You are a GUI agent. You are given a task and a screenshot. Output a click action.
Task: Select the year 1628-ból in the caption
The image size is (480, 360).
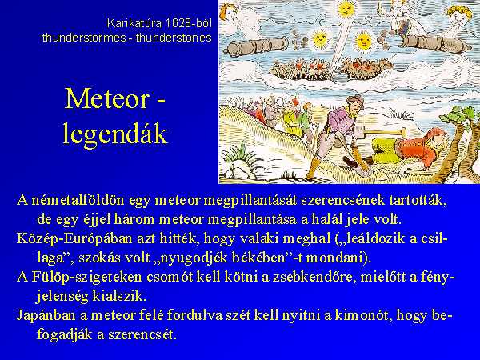point(187,23)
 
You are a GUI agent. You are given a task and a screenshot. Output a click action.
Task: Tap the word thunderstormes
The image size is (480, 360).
point(84,38)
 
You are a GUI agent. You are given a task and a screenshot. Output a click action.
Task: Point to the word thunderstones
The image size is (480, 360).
point(174,38)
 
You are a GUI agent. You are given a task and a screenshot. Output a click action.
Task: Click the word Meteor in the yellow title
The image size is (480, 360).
point(108,98)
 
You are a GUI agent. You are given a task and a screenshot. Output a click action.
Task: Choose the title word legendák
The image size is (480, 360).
point(115,134)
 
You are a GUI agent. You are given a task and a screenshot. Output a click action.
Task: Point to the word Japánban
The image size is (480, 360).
point(46,316)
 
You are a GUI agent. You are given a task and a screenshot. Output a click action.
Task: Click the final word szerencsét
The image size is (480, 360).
point(141,334)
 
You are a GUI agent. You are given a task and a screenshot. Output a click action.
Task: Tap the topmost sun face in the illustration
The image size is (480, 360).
point(346,10)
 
